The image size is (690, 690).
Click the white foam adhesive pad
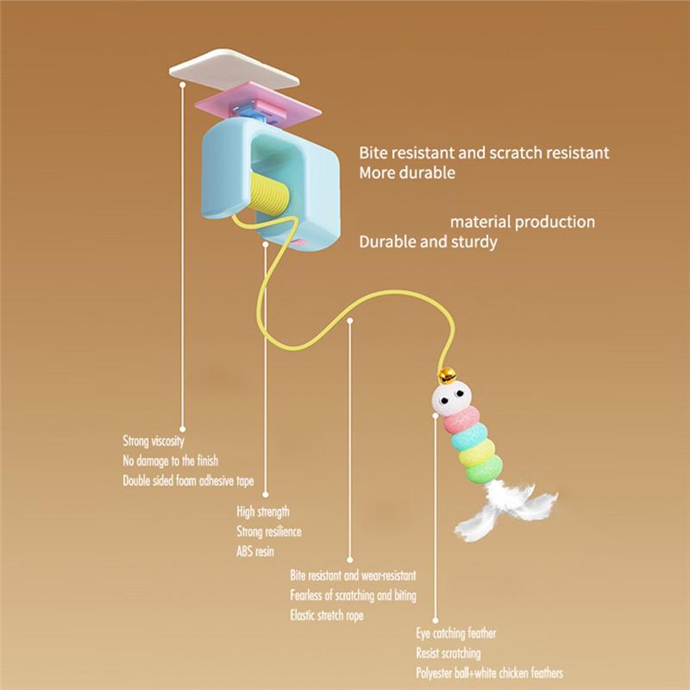coord(234,70)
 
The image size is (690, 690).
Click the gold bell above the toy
coord(447,375)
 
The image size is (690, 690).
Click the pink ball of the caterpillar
coord(462,420)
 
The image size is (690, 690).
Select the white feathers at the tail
coord(506,508)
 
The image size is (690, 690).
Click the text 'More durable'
coord(407,172)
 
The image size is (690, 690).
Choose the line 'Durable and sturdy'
coord(428,241)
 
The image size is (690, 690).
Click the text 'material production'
coord(523,222)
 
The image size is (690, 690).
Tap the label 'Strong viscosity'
coord(154,441)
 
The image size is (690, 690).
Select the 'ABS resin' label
coord(255,551)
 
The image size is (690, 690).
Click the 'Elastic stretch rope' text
coord(327,615)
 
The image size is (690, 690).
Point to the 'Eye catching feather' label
coord(456,633)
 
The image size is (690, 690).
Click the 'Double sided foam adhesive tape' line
coord(188,480)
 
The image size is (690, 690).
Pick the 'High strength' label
coord(263,511)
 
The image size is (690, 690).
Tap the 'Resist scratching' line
coord(448,653)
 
